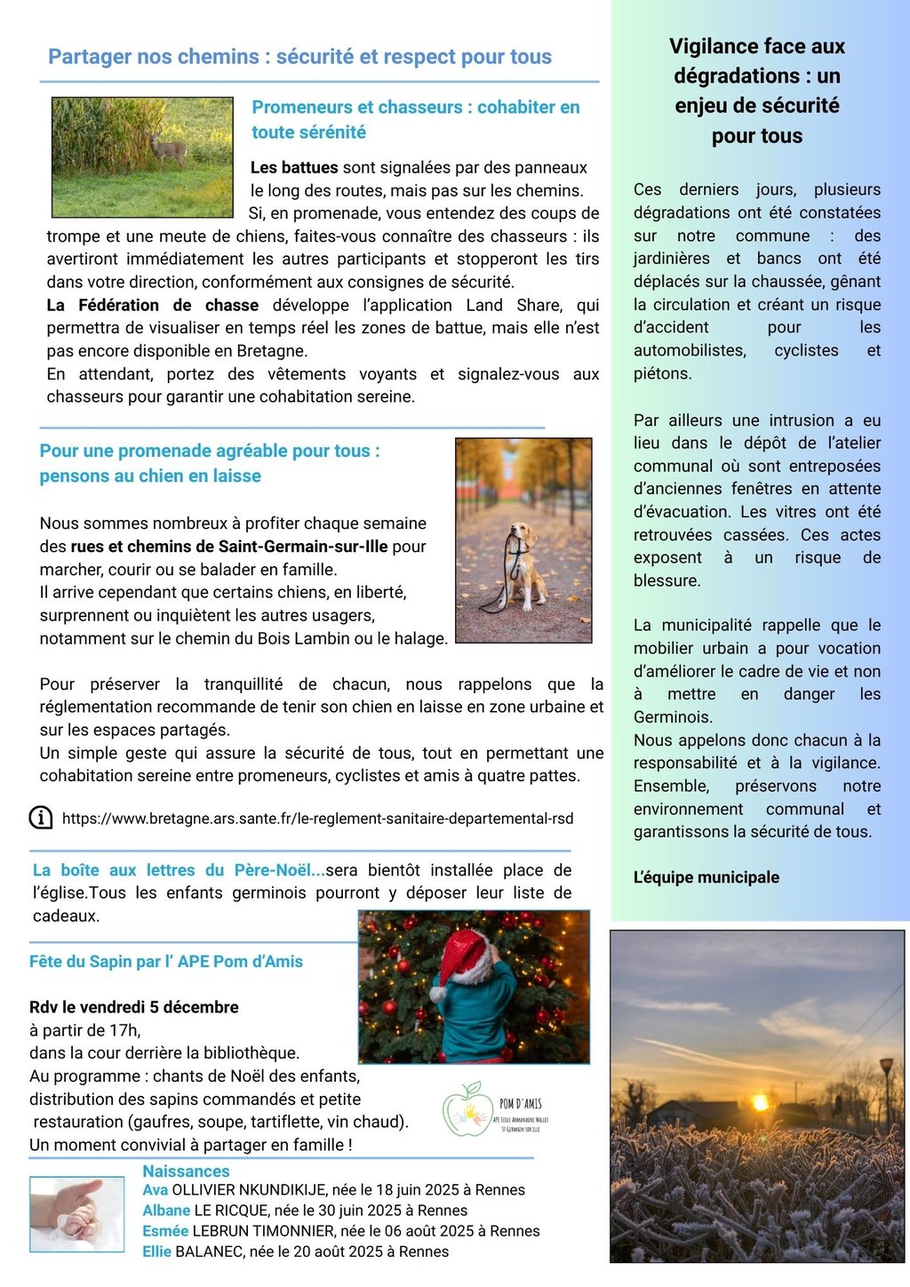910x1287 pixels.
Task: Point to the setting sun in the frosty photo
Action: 760,1103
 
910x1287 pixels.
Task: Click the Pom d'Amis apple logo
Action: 465,1110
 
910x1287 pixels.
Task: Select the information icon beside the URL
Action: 41,818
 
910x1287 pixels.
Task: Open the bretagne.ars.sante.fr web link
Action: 317,819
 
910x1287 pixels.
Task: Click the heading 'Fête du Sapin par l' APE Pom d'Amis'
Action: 166,962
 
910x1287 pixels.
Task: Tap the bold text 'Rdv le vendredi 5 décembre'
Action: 134,1007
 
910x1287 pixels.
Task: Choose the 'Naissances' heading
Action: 186,1171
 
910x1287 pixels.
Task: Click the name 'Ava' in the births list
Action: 156,1190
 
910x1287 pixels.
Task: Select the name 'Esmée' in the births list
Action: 165,1231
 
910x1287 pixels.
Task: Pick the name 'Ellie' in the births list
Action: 157,1251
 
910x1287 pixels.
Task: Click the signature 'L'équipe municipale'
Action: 706,877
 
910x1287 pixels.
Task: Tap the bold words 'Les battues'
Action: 294,168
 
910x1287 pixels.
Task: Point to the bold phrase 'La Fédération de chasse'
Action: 153,305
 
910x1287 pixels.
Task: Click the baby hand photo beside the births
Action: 76,1213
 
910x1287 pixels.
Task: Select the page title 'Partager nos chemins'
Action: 299,57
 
